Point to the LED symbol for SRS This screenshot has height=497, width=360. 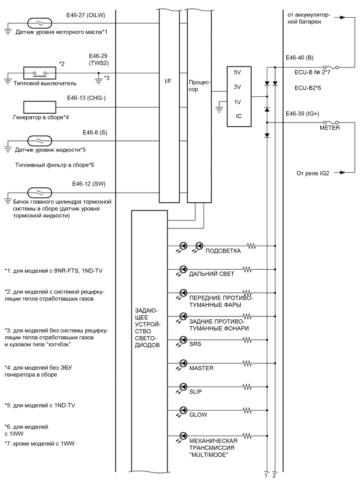pos(184,339)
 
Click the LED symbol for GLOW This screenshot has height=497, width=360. pos(184,410)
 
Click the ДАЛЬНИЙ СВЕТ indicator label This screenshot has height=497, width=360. pos(211,274)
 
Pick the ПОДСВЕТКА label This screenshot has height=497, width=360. pos(224,250)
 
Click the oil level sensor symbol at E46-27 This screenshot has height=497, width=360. pos(40,23)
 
